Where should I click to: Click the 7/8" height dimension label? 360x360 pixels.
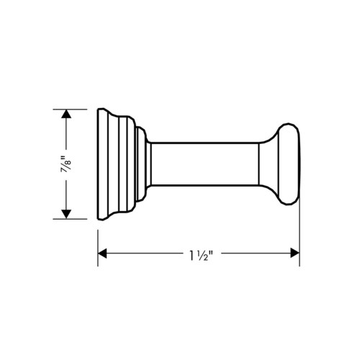pyautogui.click(x=66, y=164)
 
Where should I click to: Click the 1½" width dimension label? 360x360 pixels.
pyautogui.click(x=201, y=256)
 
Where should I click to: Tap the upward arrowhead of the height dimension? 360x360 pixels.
pyautogui.click(x=66, y=114)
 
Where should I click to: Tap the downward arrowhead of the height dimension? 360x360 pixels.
pyautogui.click(x=66, y=214)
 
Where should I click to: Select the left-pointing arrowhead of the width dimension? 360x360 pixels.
pyautogui.click(x=102, y=253)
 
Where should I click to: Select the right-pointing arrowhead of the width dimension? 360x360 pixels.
pyautogui.click(x=295, y=253)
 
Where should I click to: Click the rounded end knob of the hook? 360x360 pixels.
pyautogui.click(x=289, y=164)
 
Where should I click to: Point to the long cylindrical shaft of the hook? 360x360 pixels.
pyautogui.click(x=205, y=164)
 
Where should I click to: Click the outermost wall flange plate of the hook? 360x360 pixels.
pyautogui.click(x=103, y=164)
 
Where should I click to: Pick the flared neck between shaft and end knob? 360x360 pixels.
pyautogui.click(x=269, y=164)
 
